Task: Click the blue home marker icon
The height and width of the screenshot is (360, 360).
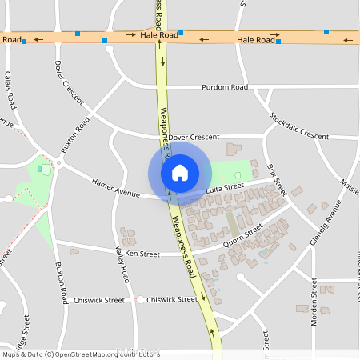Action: [x=179, y=172]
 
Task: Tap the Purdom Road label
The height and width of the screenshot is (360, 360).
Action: [x=226, y=87]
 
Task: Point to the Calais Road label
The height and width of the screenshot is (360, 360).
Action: [x=10, y=89]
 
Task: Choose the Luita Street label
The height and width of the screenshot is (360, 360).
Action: [x=224, y=186]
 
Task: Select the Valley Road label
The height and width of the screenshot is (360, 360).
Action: [x=122, y=264]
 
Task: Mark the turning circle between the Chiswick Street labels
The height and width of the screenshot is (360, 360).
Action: [x=140, y=300]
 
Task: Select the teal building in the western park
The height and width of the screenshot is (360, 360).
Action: [x=40, y=169]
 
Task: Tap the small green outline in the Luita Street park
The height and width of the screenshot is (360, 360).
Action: [x=237, y=175]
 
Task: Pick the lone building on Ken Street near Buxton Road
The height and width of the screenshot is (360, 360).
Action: [x=74, y=251]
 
